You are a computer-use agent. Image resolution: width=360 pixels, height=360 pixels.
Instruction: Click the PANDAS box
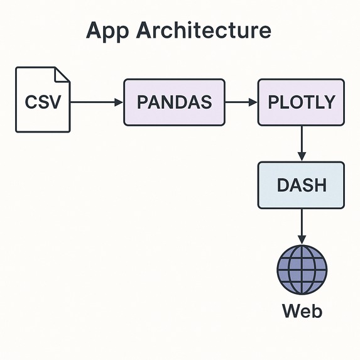pyautogui.click(x=174, y=102)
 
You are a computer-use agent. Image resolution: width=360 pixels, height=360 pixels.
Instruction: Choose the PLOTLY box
pyautogui.click(x=301, y=102)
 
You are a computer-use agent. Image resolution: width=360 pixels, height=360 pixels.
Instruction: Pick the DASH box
pyautogui.click(x=301, y=185)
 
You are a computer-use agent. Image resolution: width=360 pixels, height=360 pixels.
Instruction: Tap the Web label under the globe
pyautogui.click(x=302, y=311)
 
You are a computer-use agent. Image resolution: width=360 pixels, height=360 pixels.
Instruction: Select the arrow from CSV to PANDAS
pyautogui.click(x=94, y=102)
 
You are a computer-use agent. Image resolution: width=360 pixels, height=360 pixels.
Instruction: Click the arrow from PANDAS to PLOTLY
pyautogui.click(x=241, y=102)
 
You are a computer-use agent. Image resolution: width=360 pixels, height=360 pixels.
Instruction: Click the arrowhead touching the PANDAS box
pyautogui.click(x=119, y=102)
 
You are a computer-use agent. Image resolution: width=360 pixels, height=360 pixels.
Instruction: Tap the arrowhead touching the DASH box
pyautogui.click(x=302, y=156)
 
